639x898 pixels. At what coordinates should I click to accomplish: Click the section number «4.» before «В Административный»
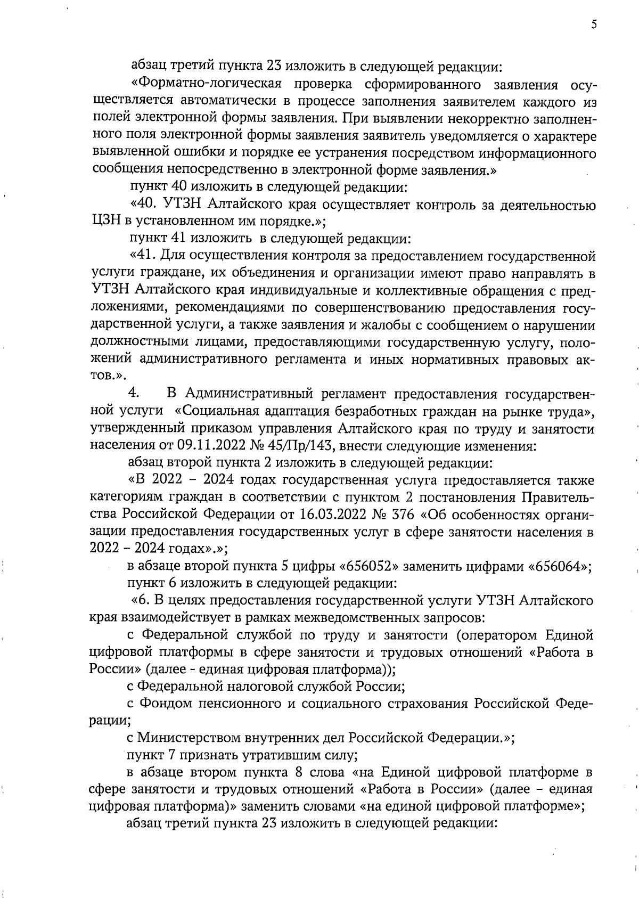pyautogui.click(x=134, y=394)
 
